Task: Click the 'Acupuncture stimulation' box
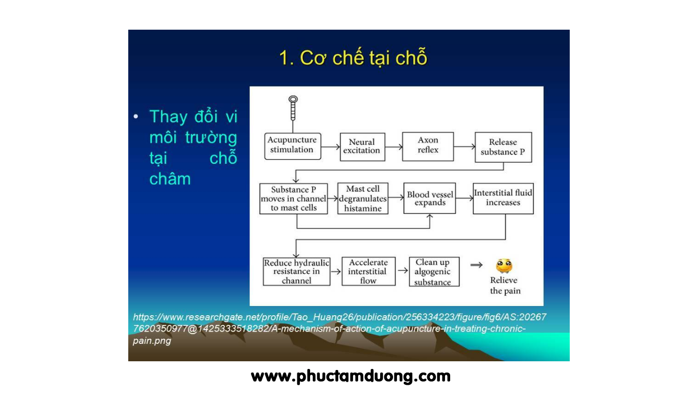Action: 293,146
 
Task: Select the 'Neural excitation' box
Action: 362,147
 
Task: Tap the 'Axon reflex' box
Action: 428,146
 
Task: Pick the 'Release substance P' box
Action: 503,147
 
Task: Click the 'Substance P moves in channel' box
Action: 293,199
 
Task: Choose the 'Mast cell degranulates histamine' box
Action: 363,199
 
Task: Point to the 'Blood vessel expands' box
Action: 430,198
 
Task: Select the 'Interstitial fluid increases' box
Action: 503,198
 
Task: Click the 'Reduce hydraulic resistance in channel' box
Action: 296,271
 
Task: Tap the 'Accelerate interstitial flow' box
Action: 368,271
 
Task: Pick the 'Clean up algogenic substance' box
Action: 434,272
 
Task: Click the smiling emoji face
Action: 504,266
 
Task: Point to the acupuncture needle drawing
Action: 293,108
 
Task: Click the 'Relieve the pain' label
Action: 505,286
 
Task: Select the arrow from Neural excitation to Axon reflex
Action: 393,147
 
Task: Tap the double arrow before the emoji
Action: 476,265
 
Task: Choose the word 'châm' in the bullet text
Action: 170,179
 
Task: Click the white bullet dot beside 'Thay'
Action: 135,117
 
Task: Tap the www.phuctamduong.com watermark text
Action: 351,377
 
